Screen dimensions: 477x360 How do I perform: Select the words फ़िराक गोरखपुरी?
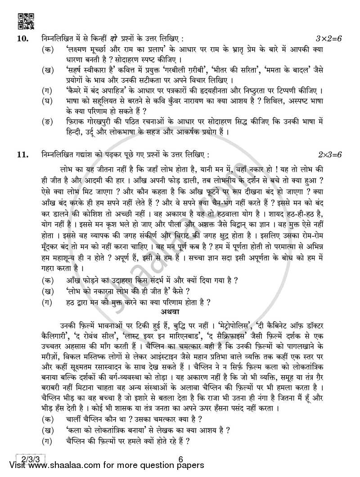90,121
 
